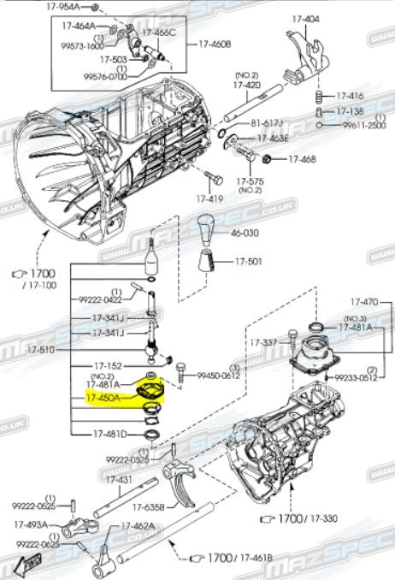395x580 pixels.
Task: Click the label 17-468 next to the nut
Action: (301, 159)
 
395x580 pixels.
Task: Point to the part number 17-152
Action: (108, 364)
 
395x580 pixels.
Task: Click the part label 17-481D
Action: (109, 434)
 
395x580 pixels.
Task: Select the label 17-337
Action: (264, 342)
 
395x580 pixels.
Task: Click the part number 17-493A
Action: (32, 524)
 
